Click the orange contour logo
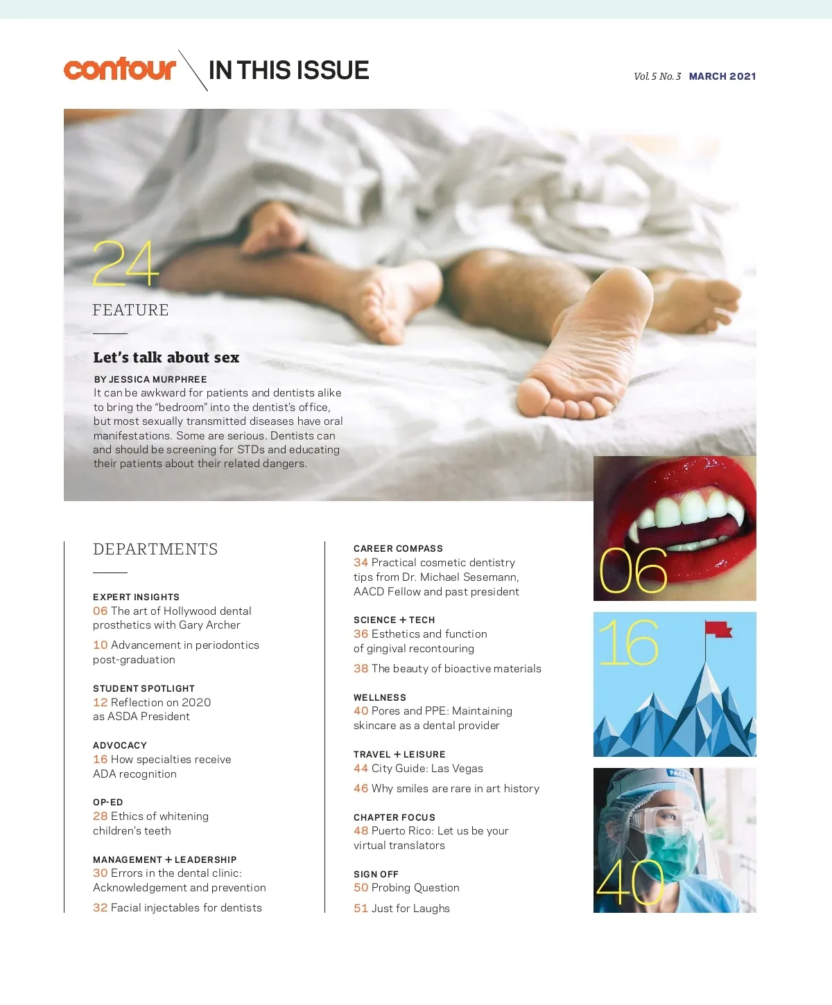(x=119, y=69)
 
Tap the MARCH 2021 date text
(x=722, y=76)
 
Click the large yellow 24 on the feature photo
(x=125, y=263)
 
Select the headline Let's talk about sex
(x=166, y=358)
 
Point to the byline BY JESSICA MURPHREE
(x=150, y=379)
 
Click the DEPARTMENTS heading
(x=155, y=550)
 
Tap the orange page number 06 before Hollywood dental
(x=101, y=611)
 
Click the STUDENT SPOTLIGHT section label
(x=144, y=688)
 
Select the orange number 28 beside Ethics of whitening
(x=101, y=816)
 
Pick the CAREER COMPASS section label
(x=398, y=548)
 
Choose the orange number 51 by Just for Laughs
(x=361, y=909)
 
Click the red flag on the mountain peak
(x=718, y=629)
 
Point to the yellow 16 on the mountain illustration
(x=628, y=643)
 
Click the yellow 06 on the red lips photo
(x=632, y=571)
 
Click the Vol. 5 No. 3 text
(x=657, y=76)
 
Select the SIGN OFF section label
(x=376, y=874)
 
